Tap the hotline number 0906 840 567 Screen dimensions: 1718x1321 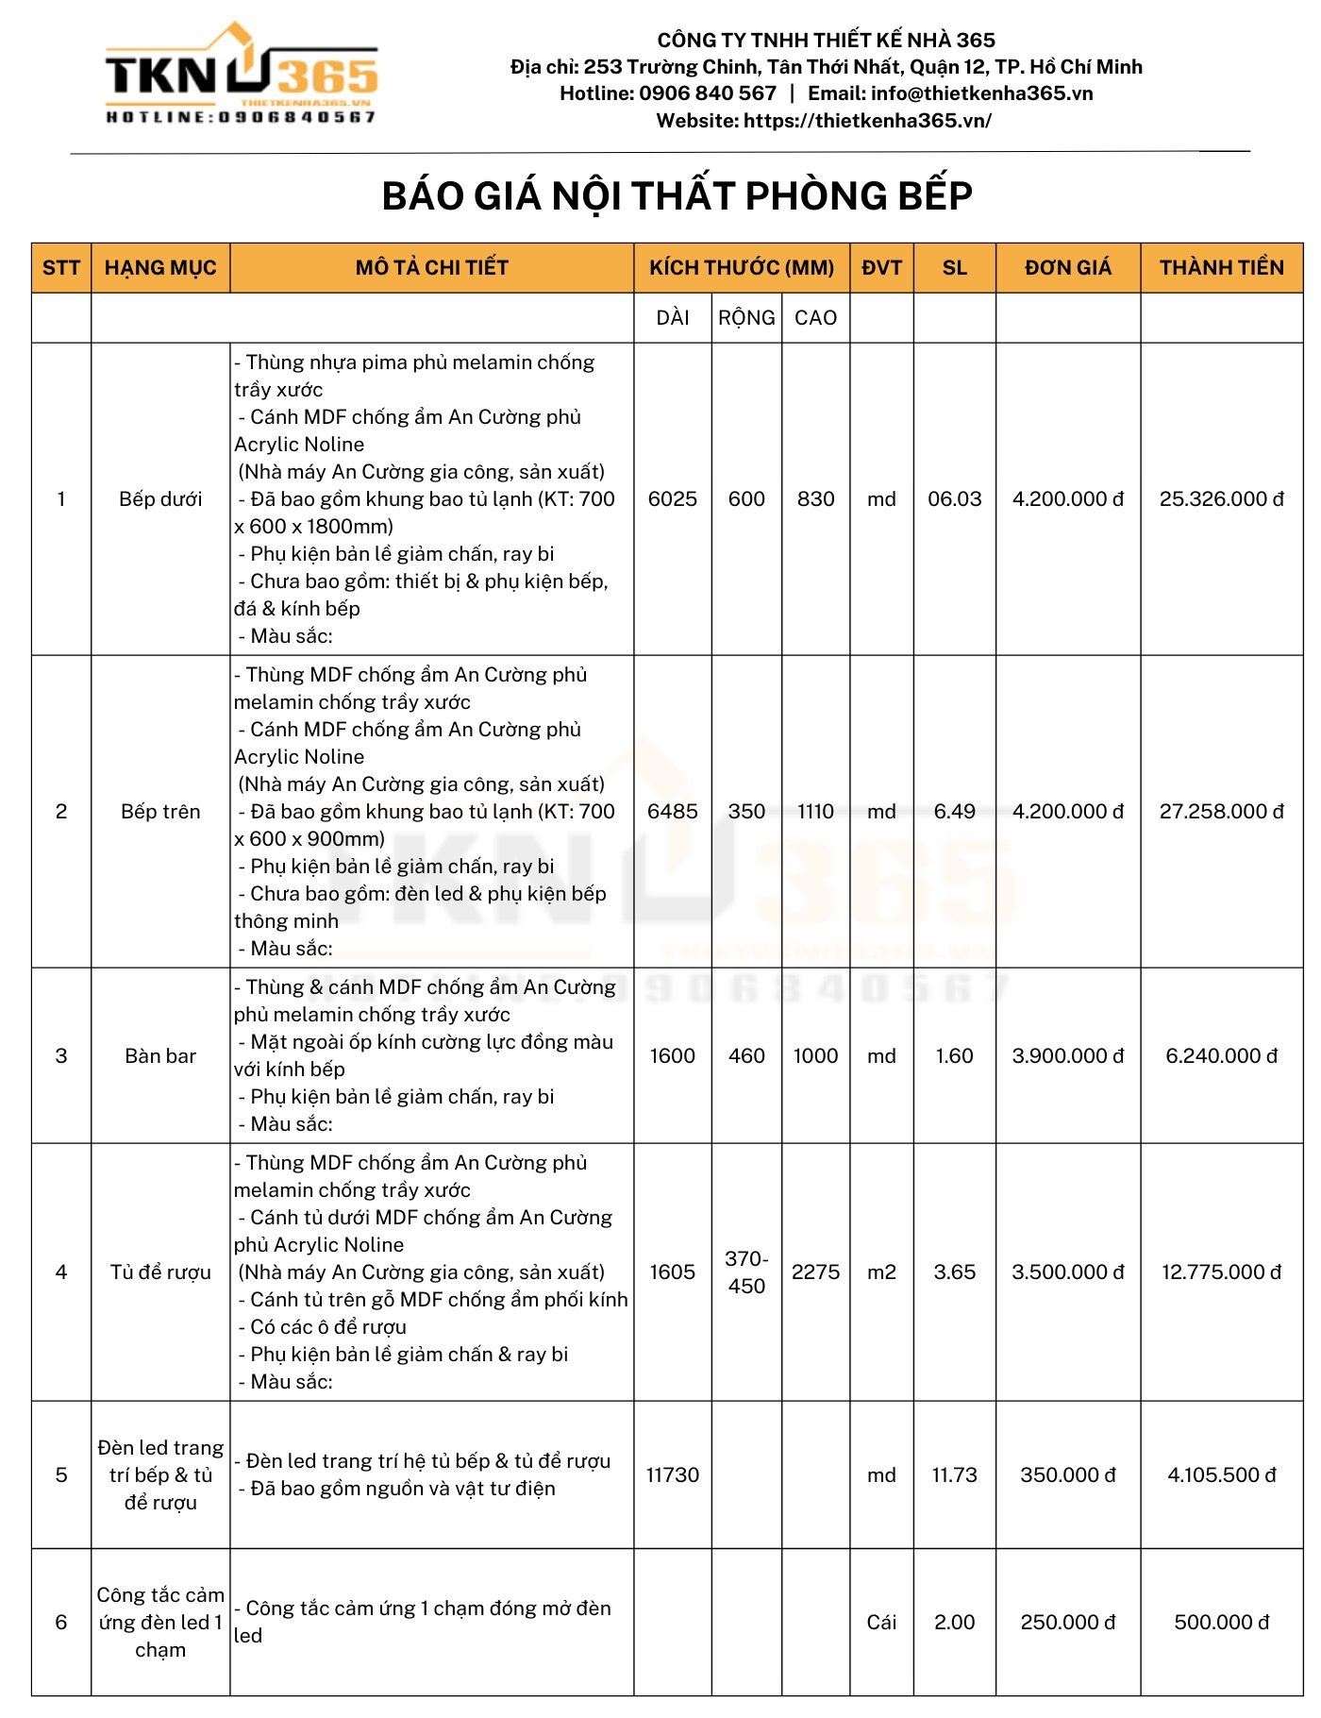click(x=707, y=93)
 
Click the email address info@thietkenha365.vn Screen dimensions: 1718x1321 click(x=981, y=93)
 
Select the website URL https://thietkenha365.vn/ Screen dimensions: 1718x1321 click(x=867, y=121)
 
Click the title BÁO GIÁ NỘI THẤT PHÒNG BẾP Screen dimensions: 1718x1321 click(x=677, y=196)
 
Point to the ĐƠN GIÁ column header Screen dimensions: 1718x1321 click(x=1067, y=268)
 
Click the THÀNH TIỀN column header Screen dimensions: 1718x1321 click(x=1221, y=268)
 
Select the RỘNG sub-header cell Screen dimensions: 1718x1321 click(x=746, y=318)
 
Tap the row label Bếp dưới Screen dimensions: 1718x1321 click(x=160, y=499)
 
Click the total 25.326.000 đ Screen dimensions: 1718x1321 click(x=1221, y=499)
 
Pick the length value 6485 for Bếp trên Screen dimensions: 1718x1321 click(x=672, y=812)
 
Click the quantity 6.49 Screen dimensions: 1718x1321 click(x=954, y=812)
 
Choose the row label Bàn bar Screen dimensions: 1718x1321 click(x=160, y=1056)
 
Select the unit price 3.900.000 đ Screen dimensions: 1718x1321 click(x=1067, y=1056)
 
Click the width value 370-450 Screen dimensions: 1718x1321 click(x=746, y=1272)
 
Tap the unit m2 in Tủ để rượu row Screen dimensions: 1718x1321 click(x=881, y=1272)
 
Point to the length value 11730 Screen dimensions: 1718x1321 click(x=672, y=1475)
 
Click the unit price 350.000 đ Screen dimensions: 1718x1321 click(x=1067, y=1475)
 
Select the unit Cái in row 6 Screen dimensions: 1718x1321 click(x=881, y=1623)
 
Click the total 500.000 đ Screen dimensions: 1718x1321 click(x=1221, y=1623)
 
